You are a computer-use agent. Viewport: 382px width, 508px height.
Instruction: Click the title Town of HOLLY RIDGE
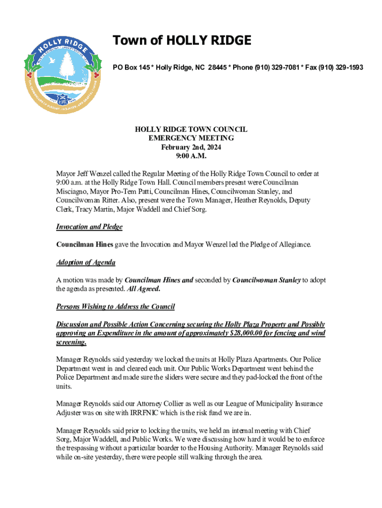182,40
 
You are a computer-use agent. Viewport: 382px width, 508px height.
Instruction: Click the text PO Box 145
131,67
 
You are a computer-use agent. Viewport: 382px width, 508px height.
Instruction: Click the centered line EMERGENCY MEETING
191,138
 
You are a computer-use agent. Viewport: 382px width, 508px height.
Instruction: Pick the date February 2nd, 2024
191,147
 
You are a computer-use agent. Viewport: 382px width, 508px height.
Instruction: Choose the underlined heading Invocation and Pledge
89,227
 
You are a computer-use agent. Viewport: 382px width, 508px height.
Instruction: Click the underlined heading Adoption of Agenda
86,262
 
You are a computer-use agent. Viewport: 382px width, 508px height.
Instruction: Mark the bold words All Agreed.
141,289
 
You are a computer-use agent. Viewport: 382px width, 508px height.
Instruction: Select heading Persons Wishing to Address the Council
116,307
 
